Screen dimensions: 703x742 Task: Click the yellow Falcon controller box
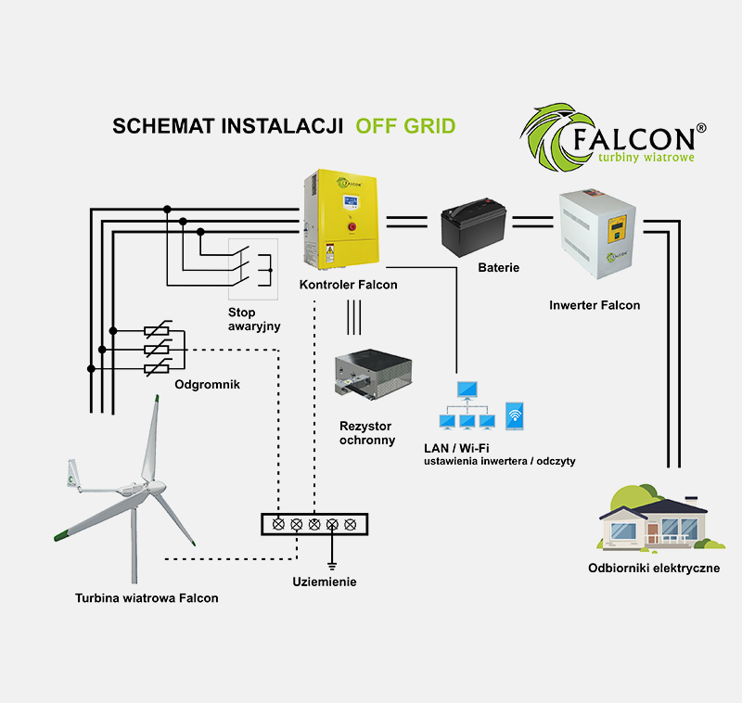click(341, 220)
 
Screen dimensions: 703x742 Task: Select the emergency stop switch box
click(252, 268)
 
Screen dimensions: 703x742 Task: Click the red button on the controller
click(352, 225)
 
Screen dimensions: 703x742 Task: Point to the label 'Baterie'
click(498, 268)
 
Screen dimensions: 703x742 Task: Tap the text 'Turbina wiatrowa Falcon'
click(147, 598)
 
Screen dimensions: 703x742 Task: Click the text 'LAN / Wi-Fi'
click(455, 448)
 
